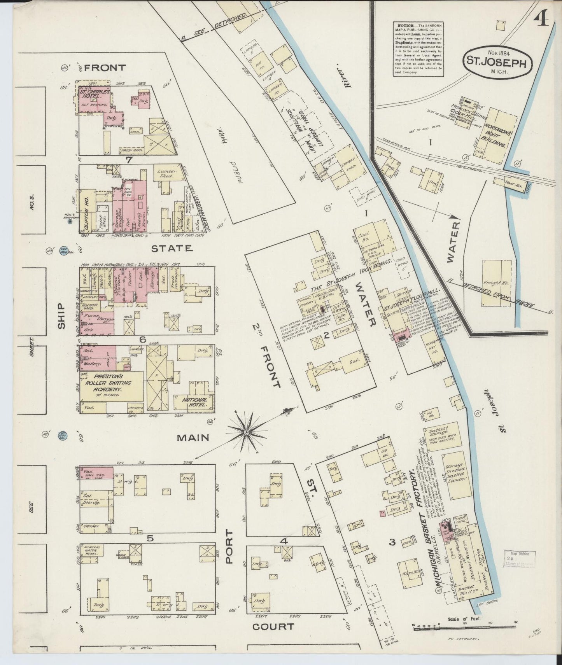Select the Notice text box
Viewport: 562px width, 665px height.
point(417,48)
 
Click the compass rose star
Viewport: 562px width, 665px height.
point(246,432)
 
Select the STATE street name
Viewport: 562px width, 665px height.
point(172,248)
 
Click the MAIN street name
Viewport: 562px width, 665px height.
point(193,438)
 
